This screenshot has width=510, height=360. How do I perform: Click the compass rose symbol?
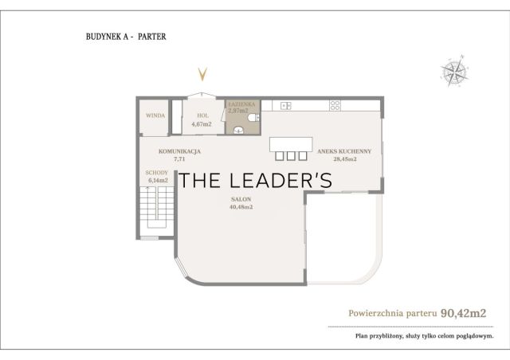pyautogui.click(x=454, y=71)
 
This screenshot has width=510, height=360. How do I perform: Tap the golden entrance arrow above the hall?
pyautogui.click(x=202, y=75)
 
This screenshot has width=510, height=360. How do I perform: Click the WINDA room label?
pyautogui.click(x=155, y=115)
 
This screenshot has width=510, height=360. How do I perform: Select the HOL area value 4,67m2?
pyautogui.click(x=202, y=124)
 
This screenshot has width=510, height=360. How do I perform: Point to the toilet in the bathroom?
pyautogui.click(x=253, y=118)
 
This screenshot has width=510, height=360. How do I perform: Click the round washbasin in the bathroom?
pyautogui.click(x=238, y=130)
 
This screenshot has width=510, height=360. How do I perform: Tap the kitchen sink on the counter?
pyautogui.click(x=286, y=106)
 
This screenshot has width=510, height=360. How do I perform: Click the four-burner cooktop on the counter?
pyautogui.click(x=335, y=105)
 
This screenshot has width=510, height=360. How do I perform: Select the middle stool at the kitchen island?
pyautogui.click(x=291, y=156)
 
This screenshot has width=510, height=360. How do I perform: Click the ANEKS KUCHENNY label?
pyautogui.click(x=344, y=151)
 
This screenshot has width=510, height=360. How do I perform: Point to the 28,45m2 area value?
pyautogui.click(x=345, y=159)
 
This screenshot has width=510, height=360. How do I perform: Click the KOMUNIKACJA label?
pyautogui.click(x=179, y=151)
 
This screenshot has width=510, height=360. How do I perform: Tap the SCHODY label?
pyautogui.click(x=156, y=173)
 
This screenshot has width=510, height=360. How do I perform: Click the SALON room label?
pyautogui.click(x=241, y=199)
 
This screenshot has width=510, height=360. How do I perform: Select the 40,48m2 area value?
pyautogui.click(x=241, y=207)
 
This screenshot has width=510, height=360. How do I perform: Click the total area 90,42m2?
pyautogui.click(x=463, y=313)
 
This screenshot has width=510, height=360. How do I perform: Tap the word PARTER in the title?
pyautogui.click(x=152, y=37)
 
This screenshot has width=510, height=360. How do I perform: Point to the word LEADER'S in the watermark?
pyautogui.click(x=281, y=181)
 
